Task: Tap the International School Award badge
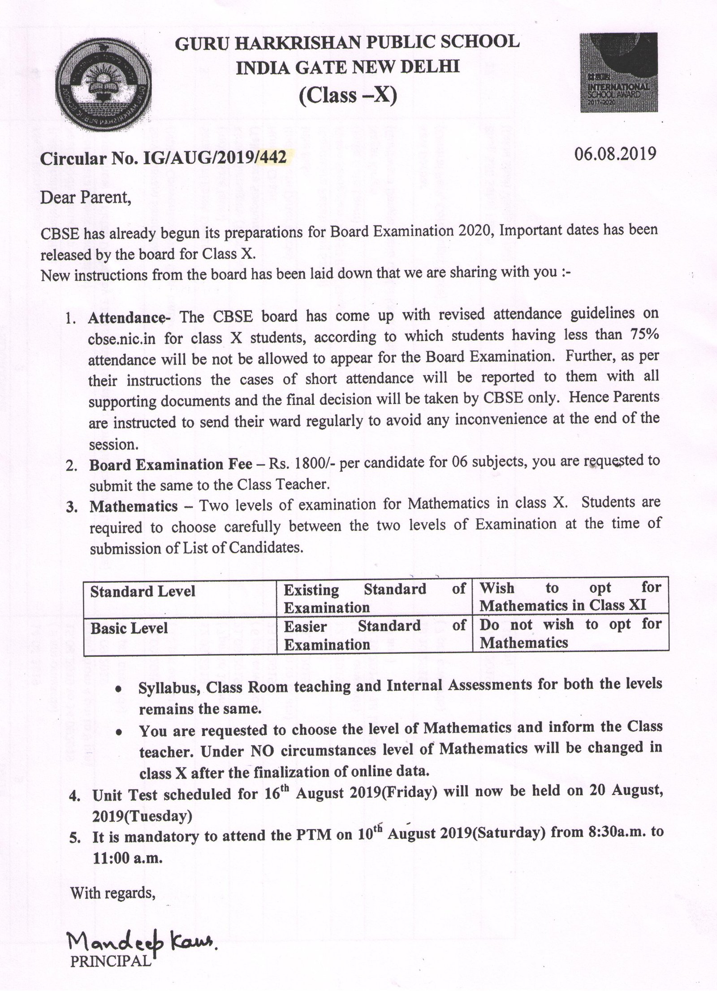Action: click(618, 73)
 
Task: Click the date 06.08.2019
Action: click(615, 153)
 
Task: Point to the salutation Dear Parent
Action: click(86, 197)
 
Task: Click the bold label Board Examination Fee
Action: click(170, 465)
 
